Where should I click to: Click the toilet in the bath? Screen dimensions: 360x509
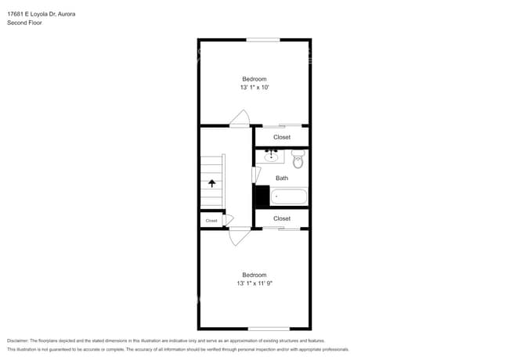[298, 160]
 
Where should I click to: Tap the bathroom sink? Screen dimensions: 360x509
[272, 157]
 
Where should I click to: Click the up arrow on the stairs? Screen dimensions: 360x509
[211, 183]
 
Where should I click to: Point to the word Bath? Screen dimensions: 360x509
[281, 178]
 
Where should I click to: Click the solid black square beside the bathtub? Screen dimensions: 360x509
[262, 196]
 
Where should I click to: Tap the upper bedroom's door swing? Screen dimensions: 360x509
[240, 118]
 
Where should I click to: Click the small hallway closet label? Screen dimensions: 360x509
[211, 221]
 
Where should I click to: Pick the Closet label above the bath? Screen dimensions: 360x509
[281, 137]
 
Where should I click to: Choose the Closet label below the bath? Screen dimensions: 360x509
[281, 218]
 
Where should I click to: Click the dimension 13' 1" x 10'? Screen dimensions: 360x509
[254, 88]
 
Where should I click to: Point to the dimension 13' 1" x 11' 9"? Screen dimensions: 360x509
[254, 284]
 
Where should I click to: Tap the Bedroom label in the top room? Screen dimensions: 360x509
[254, 79]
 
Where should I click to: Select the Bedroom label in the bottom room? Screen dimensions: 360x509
[254, 275]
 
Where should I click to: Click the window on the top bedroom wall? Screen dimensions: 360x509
[263, 40]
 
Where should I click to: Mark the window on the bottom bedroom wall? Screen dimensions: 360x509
[264, 328]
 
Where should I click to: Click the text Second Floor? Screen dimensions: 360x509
[24, 23]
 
